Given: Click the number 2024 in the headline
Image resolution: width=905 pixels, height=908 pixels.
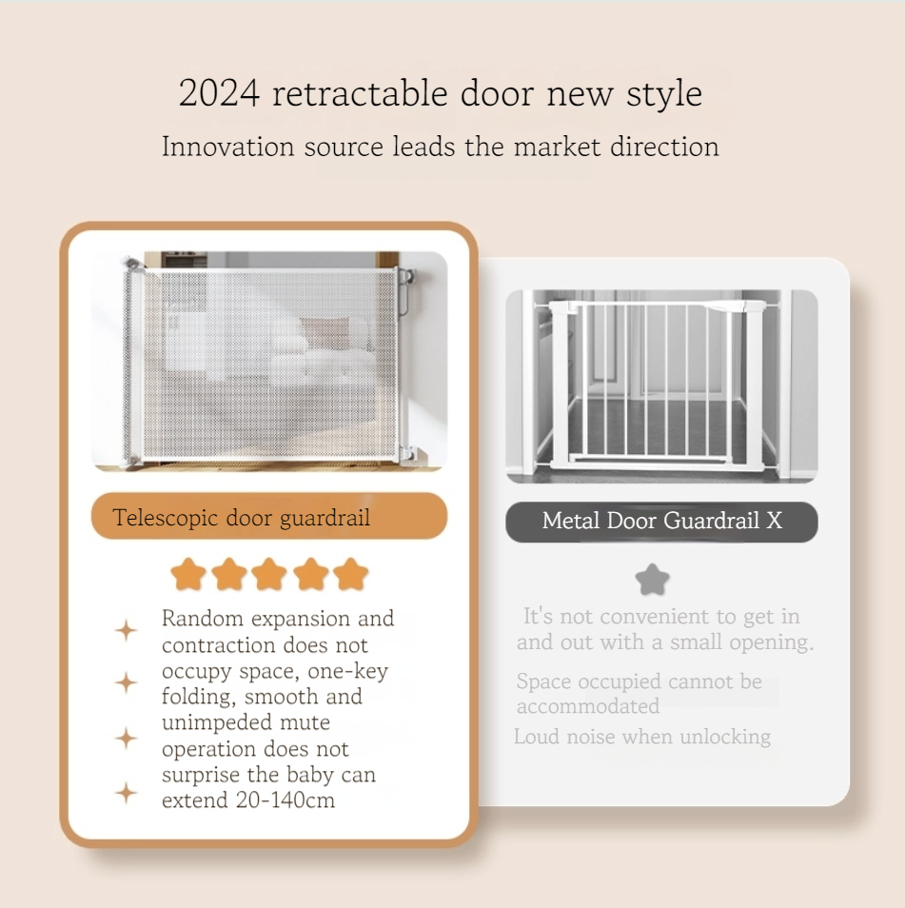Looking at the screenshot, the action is [219, 93].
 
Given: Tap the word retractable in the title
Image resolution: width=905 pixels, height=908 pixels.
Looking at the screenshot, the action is [360, 93].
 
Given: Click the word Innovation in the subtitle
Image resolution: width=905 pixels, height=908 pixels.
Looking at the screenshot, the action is [228, 146].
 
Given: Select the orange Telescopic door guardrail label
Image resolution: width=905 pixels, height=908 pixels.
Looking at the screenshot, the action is [269, 516].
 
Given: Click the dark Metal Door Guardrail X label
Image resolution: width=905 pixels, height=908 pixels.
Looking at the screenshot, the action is [661, 522].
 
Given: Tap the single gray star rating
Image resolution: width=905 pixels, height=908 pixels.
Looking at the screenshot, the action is [652, 580].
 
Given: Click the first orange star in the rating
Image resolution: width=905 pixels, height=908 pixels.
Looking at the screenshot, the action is [188, 575].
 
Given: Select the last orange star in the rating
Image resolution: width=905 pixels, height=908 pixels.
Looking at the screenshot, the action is [351, 575].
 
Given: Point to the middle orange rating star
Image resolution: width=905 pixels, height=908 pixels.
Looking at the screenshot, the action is [269, 575].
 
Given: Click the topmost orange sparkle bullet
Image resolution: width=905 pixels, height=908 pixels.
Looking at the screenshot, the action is [126, 630].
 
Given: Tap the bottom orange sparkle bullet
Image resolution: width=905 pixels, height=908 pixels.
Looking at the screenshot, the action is [126, 793].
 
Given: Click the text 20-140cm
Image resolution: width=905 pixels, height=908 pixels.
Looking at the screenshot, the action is [285, 800].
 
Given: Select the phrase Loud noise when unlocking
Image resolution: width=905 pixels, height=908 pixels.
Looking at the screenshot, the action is [642, 738].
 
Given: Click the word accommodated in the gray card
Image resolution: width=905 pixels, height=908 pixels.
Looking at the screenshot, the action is [588, 706].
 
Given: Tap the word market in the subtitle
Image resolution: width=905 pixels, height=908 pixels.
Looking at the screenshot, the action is [557, 146].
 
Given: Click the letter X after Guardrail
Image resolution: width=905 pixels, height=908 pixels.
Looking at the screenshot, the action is [774, 522].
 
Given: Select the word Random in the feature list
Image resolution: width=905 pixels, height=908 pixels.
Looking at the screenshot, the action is [203, 619].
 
